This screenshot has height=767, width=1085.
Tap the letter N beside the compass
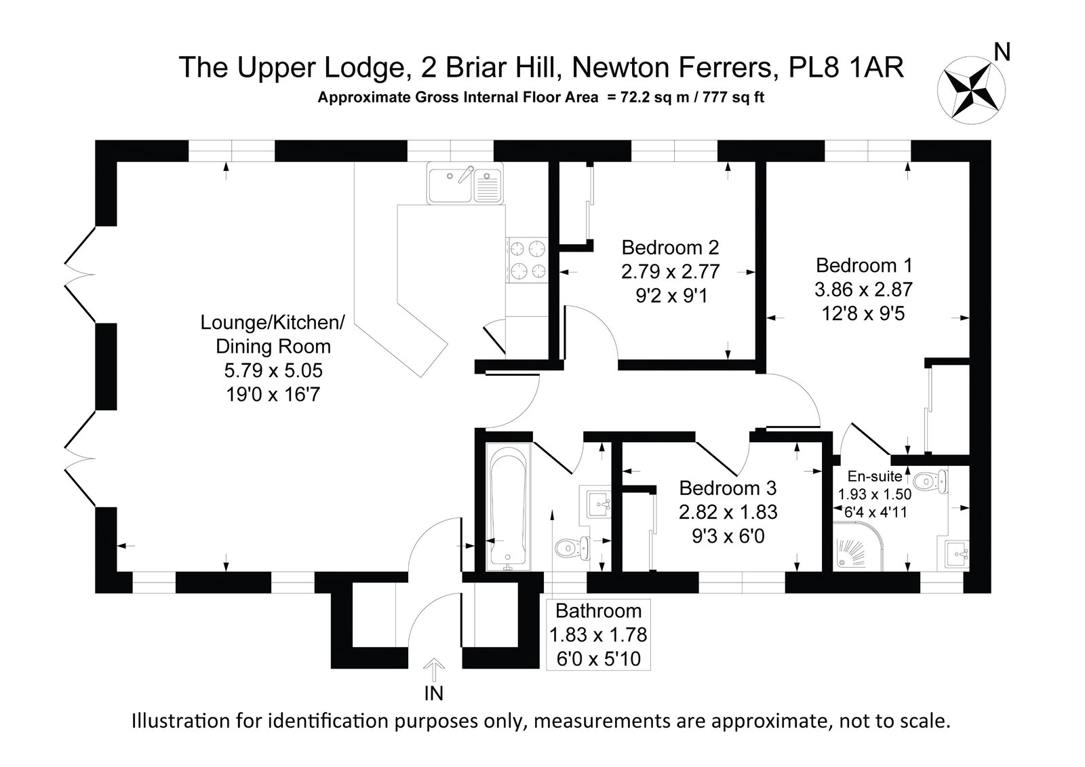(1002, 52)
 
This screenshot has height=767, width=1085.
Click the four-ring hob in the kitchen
(527, 260)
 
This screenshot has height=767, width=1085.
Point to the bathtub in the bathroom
(508, 507)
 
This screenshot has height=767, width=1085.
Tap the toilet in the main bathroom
(572, 548)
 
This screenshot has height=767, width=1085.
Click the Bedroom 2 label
(670, 248)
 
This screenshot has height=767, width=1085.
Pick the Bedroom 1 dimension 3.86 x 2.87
(864, 290)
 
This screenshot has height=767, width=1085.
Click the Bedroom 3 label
(728, 488)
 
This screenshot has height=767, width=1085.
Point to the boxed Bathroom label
(598, 635)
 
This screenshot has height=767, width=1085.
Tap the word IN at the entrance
(433, 693)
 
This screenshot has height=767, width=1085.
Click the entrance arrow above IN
(433, 669)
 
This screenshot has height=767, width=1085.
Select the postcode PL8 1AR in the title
(846, 67)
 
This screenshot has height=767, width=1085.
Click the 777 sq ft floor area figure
(733, 98)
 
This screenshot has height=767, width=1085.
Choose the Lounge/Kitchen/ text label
(273, 323)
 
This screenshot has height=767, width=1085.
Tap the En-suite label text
(875, 476)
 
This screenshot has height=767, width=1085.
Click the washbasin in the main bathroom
(599, 504)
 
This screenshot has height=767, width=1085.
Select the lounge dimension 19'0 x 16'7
(273, 395)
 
